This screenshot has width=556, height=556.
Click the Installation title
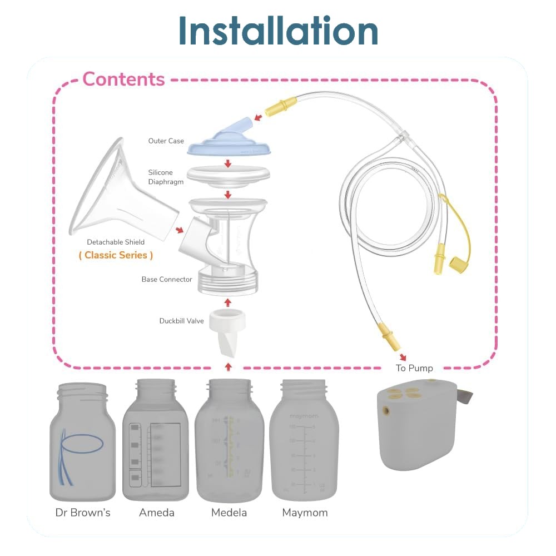pos(278,32)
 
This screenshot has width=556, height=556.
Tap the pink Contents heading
pos(123,80)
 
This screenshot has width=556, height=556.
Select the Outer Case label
pos(166,141)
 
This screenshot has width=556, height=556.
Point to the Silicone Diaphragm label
pos(166,177)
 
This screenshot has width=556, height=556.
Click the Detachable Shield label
pos(116,242)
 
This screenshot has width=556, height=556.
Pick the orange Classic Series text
pos(116,255)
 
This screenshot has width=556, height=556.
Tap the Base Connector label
pos(167,279)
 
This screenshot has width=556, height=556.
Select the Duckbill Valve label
pos(181,321)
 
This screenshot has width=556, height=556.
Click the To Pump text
pos(414,368)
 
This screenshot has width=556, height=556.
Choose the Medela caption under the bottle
pos(229,513)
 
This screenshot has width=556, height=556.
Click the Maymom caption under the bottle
pos(305,513)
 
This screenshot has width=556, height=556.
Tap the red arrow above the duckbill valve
pos(227,302)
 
